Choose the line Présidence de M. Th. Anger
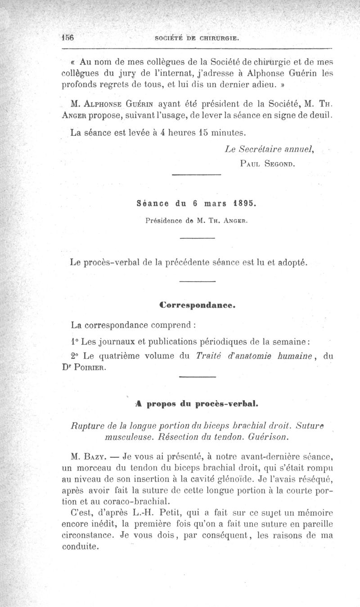coord(196,220)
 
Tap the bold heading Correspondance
coord(198,304)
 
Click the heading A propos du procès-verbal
coord(197,404)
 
